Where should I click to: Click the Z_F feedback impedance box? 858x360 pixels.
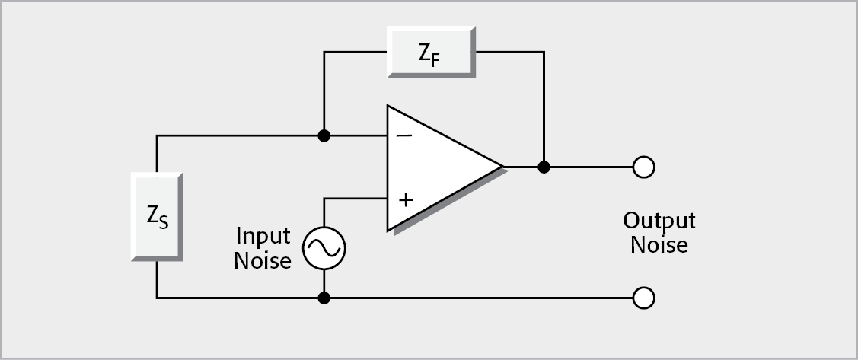coord(430,51)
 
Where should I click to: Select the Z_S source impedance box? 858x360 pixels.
coord(156,216)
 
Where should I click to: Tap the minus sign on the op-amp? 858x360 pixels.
coord(405,135)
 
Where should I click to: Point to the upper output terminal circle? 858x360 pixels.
coord(643,167)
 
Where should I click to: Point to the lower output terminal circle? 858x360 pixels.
coord(643,298)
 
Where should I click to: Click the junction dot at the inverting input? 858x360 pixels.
coord(324,136)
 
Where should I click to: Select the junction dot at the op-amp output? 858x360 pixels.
coord(544,167)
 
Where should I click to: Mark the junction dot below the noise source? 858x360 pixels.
coord(324,298)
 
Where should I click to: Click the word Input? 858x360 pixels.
coord(263,236)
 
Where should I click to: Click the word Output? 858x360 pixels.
coord(659,221)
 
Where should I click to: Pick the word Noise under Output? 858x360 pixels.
coord(659,245)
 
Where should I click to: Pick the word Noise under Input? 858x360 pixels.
coord(263,261)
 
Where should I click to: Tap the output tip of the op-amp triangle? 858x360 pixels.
coord(501,166)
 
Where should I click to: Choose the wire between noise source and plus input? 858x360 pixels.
coord(354,199)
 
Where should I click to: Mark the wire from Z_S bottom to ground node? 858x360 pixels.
coord(236,298)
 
